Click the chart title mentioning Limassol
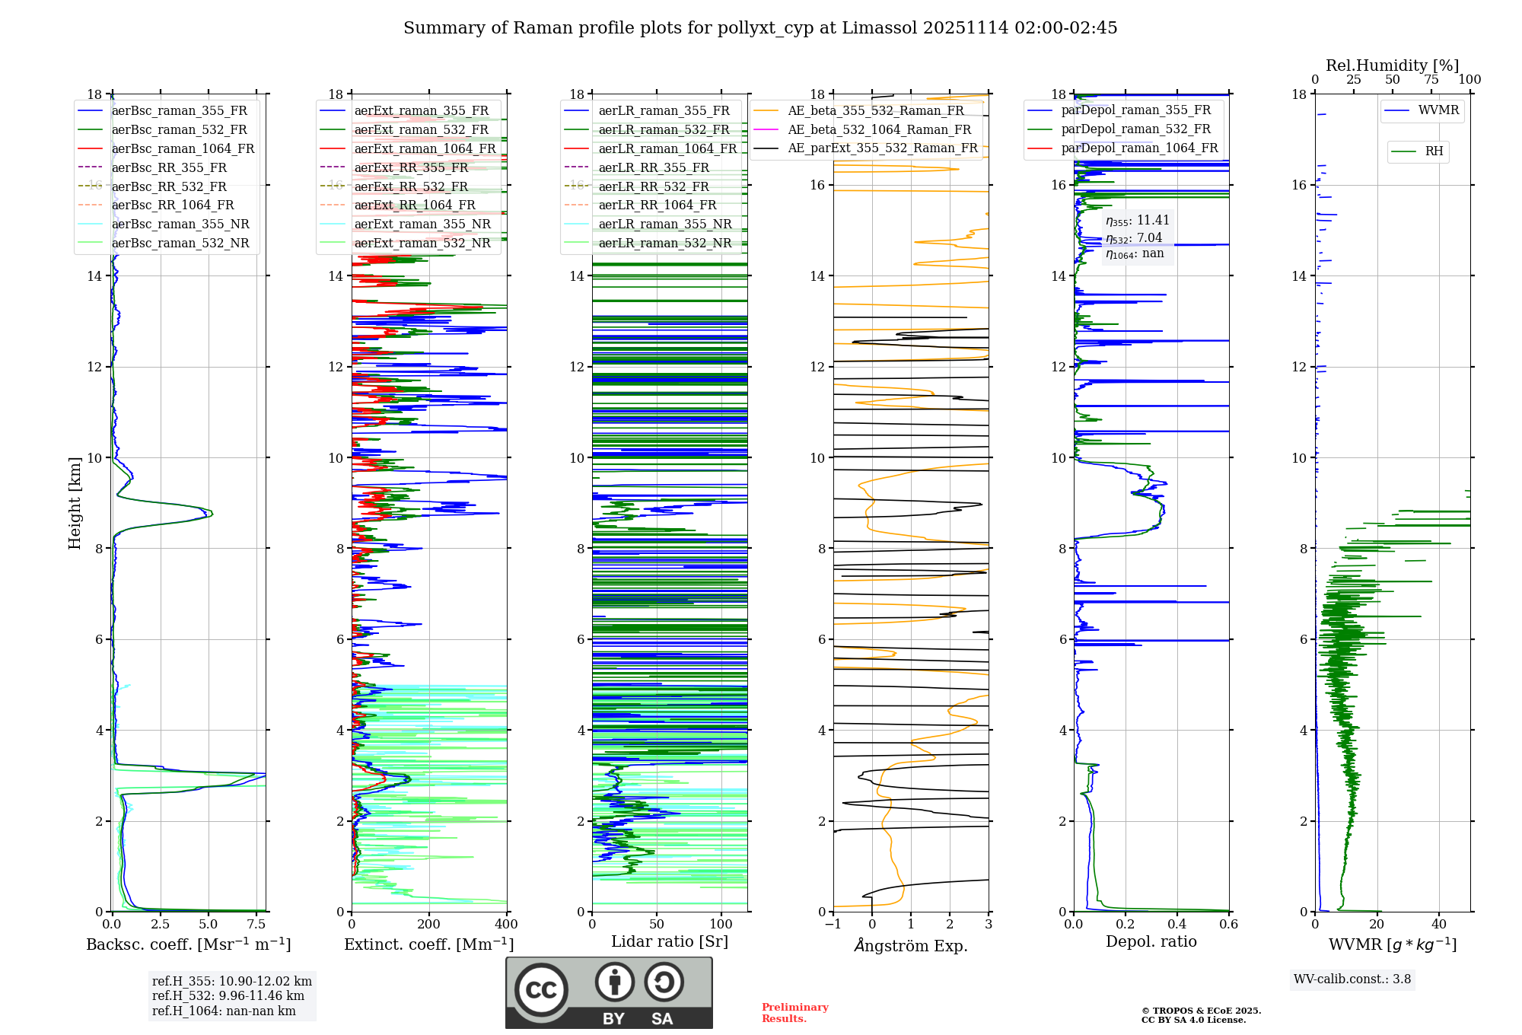(x=760, y=28)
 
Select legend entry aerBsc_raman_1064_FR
(x=183, y=148)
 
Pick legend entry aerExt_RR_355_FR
(x=411, y=167)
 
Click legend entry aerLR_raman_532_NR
(x=664, y=243)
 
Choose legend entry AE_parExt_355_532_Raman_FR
(x=882, y=148)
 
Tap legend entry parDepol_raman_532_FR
(x=1135, y=129)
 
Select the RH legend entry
(x=1434, y=151)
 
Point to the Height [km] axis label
(x=75, y=502)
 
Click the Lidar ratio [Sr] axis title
(x=670, y=941)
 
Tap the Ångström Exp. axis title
(x=911, y=945)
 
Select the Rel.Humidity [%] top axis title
(x=1392, y=65)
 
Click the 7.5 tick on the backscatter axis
(x=256, y=925)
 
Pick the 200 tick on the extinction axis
(x=428, y=925)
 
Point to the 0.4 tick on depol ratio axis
(x=1177, y=925)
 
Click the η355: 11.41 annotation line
(x=1137, y=221)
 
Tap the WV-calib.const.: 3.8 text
(x=1352, y=979)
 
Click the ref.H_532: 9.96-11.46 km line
(x=228, y=996)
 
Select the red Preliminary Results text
(x=794, y=1013)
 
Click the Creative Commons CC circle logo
(x=541, y=990)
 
